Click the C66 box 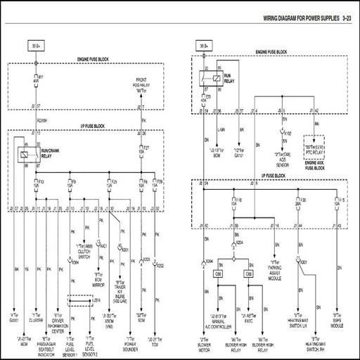(x=248, y=273)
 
